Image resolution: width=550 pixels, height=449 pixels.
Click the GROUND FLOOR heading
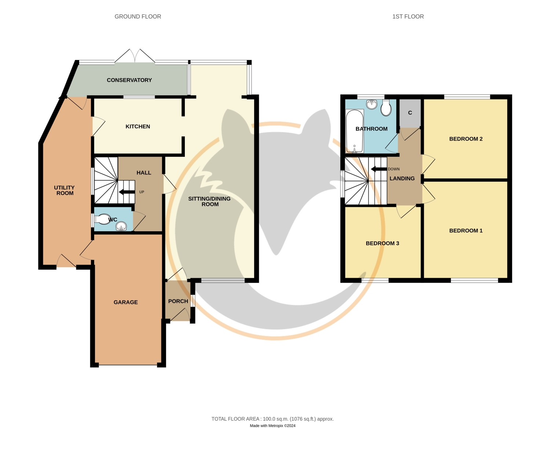click(138, 16)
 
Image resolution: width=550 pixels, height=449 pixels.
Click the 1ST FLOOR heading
click(408, 16)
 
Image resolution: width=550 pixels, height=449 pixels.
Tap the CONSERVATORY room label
click(129, 80)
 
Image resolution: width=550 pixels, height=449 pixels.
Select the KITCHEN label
click(138, 126)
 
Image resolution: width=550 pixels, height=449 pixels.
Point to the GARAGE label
click(125, 302)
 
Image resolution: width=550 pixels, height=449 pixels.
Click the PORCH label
click(178, 301)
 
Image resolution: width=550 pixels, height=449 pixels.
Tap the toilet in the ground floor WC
click(103, 219)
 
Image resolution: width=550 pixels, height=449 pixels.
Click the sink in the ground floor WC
click(121, 226)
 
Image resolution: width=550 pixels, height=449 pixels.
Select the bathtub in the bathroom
click(355, 131)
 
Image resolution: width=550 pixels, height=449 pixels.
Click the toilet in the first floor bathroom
click(386, 108)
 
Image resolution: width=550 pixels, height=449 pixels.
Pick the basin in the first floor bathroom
click(371, 104)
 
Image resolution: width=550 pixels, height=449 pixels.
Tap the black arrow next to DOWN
click(379, 169)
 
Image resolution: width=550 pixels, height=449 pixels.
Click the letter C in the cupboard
click(410, 113)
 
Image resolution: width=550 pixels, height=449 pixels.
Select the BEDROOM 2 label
click(466, 139)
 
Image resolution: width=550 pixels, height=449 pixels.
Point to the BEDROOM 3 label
click(382, 243)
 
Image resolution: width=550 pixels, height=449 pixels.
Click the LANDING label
click(402, 179)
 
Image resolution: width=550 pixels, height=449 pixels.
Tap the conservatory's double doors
click(135, 56)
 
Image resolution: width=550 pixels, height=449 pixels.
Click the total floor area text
click(272, 419)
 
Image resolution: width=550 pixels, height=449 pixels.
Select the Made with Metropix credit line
click(272, 426)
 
